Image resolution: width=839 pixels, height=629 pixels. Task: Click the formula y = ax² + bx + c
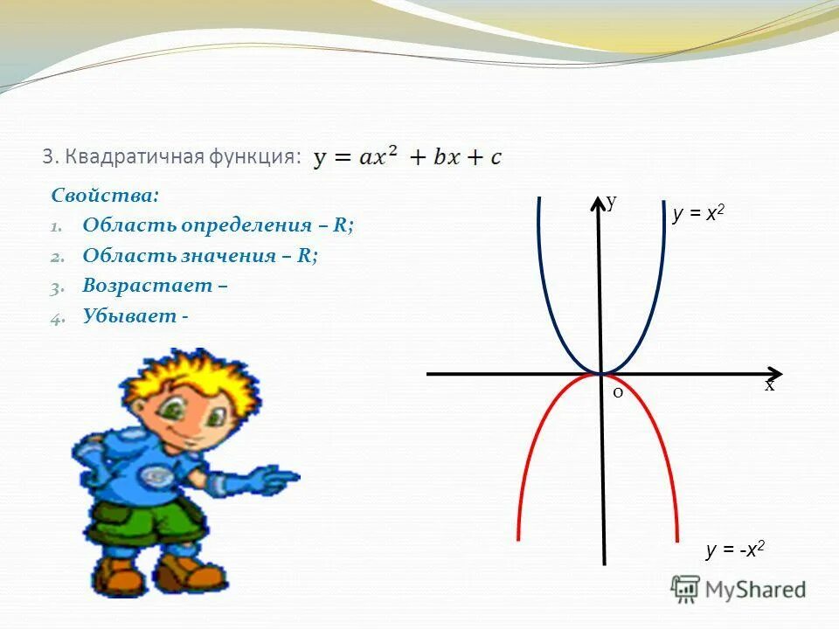point(408,158)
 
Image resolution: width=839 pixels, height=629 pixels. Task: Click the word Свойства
point(104,195)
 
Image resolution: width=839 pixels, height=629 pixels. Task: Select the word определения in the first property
point(247,225)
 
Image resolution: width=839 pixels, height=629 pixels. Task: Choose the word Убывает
point(129,316)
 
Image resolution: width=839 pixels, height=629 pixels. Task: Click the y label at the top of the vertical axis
point(612,203)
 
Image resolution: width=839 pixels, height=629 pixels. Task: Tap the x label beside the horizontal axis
point(769,385)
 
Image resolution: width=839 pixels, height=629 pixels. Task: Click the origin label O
point(617,393)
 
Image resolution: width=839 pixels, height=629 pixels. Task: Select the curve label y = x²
point(699,215)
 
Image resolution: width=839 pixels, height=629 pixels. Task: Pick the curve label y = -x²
point(735,550)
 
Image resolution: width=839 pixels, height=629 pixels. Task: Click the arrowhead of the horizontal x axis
point(773,373)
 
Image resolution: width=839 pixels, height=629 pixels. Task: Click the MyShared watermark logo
point(738,590)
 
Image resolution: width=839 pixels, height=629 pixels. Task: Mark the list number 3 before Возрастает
point(55,287)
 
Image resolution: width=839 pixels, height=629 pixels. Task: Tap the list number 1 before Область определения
point(55,226)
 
